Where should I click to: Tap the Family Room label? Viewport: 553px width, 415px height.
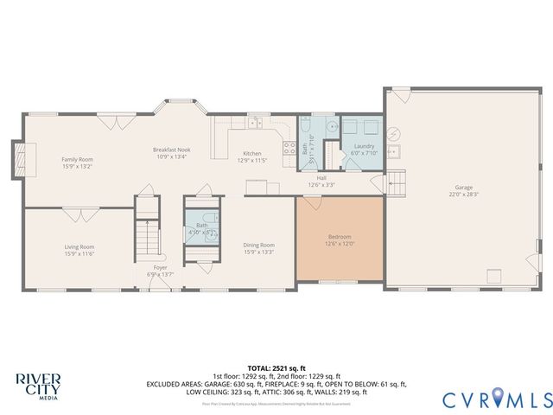[x=77, y=159]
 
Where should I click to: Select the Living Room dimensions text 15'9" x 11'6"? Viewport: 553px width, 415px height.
[x=79, y=254]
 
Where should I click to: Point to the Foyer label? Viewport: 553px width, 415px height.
[x=161, y=267]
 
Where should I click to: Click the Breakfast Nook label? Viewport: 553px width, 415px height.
[x=170, y=150]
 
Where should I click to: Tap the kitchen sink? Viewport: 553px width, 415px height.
[x=255, y=124]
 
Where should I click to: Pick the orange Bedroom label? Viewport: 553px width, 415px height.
[x=340, y=236]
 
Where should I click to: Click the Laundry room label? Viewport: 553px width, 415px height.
[x=364, y=146]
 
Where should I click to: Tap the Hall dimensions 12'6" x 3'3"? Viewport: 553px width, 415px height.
[x=321, y=185]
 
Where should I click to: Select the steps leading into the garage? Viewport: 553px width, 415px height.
[x=396, y=184]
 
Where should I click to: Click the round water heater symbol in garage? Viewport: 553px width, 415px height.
[x=394, y=134]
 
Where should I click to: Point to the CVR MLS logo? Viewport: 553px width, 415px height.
[x=497, y=399]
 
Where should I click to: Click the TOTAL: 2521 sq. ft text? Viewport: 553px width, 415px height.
[x=276, y=368]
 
